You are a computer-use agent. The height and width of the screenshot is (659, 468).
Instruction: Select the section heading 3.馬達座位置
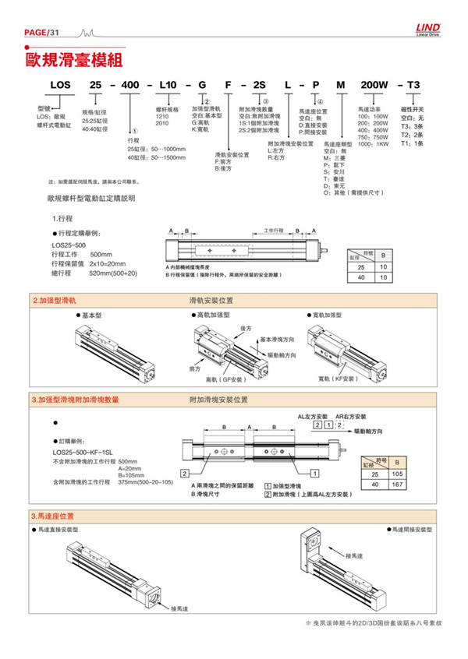pos(53,516)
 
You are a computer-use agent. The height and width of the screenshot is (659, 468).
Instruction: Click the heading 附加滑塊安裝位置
pos(218,400)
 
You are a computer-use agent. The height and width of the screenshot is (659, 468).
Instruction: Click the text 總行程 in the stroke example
pos(62,273)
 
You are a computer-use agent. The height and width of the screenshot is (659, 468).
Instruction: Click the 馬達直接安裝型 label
pos(62,529)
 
